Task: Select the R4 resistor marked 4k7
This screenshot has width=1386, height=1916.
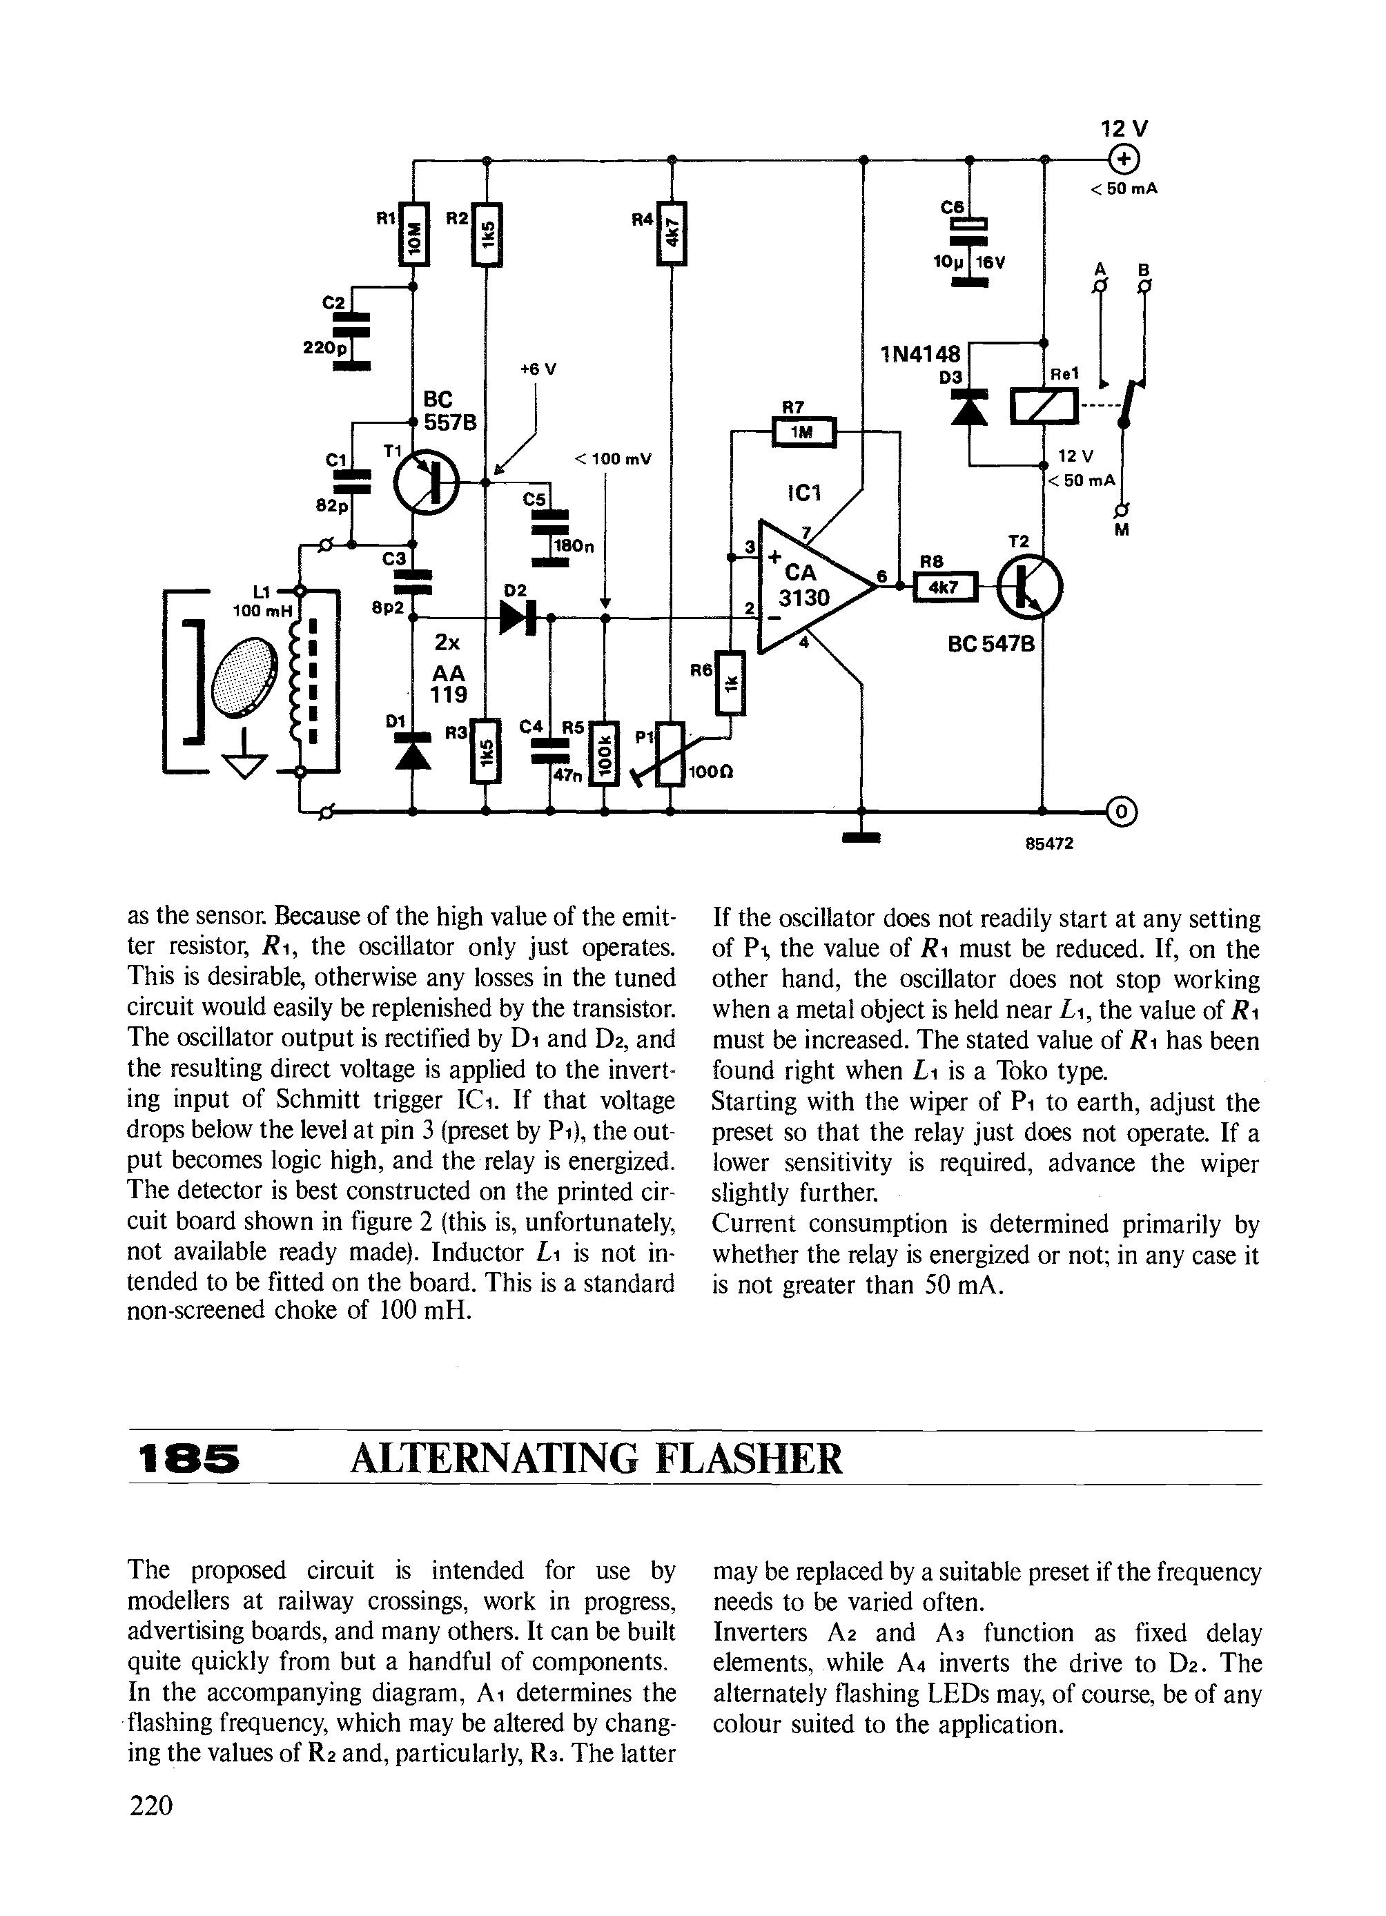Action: (x=672, y=234)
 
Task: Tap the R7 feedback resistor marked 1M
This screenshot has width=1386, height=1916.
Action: (x=803, y=433)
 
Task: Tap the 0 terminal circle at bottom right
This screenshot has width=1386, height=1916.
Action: (x=1122, y=811)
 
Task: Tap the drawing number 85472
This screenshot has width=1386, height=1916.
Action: (x=1049, y=844)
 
